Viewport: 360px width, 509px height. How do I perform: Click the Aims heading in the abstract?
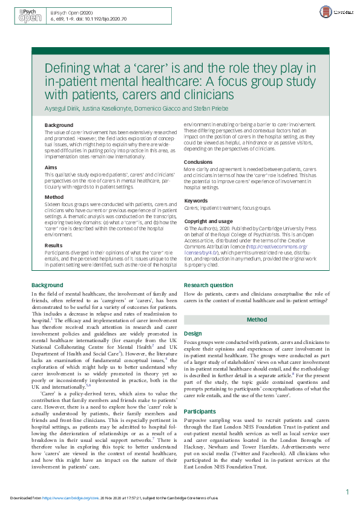point(51,167)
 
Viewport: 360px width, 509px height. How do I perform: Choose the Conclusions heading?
point(198,162)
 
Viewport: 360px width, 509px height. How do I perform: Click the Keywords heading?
point(196,200)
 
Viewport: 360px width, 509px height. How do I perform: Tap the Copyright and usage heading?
point(208,222)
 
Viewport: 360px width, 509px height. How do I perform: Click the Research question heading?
point(209,285)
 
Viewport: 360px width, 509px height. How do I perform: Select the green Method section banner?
point(257,319)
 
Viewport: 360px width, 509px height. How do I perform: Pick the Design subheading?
point(192,333)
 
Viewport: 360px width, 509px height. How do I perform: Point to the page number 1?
point(347,493)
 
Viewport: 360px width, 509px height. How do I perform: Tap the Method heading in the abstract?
point(54,198)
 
